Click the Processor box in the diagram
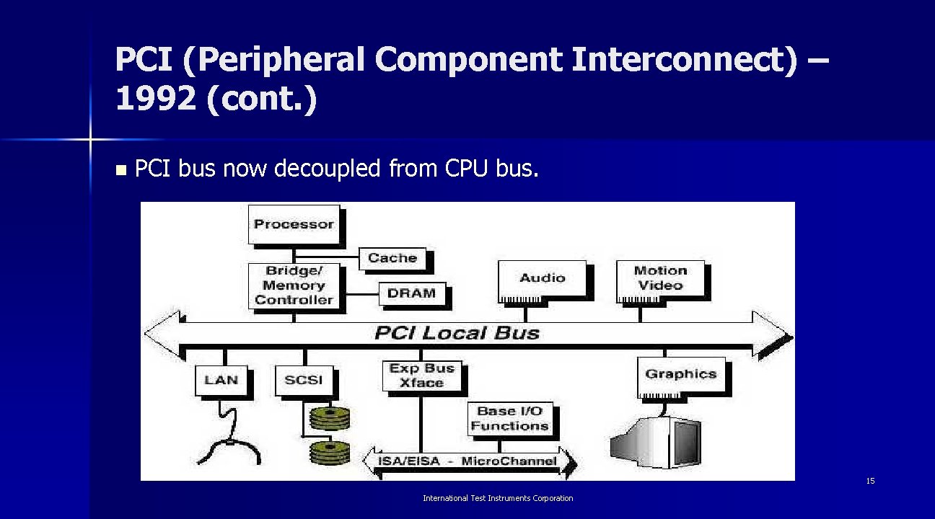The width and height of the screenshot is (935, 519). pos(294,224)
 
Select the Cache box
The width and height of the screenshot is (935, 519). pos(392,258)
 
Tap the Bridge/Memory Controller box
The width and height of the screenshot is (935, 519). pos(294,285)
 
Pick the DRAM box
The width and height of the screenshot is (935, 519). pos(411,293)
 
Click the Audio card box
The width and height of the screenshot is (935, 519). pos(542,278)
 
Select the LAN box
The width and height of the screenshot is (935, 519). pos(221,380)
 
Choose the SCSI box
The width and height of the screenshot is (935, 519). pos(304,380)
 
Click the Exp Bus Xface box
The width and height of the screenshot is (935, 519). pos(421,376)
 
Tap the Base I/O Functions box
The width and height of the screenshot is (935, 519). pos(510,419)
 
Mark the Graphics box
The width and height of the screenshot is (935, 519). pos(680,374)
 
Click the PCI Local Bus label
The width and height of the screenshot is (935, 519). pos(457,333)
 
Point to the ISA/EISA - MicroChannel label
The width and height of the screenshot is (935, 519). pos(467,461)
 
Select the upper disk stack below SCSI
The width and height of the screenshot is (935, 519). pos(329,417)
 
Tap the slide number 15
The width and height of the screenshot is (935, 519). pos(870,481)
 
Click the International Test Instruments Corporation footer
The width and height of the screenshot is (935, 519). pos(498,498)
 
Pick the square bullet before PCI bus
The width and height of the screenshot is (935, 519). pos(120,171)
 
